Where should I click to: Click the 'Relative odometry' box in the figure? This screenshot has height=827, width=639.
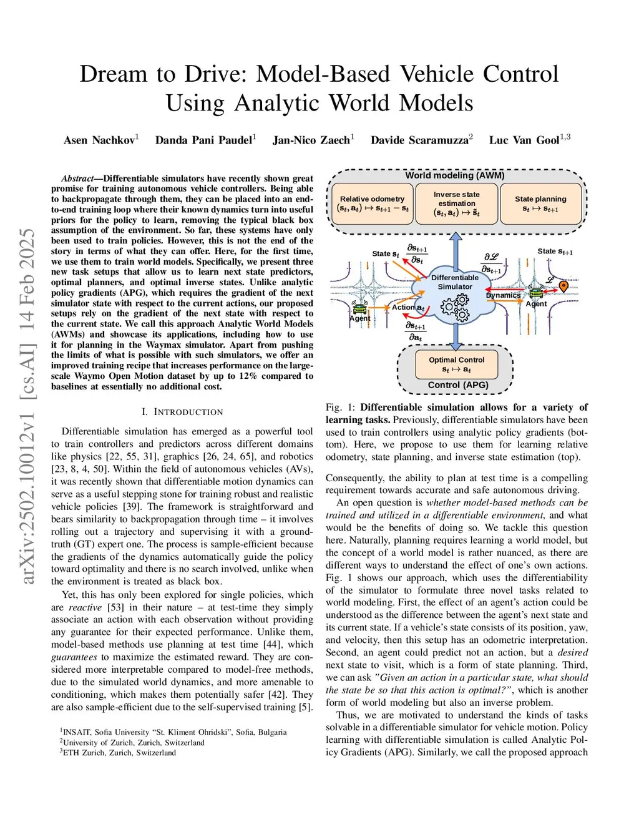point(373,203)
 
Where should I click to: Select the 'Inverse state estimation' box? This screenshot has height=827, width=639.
point(457,203)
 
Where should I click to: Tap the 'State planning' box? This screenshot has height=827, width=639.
point(540,203)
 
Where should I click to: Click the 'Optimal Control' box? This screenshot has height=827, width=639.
point(456,365)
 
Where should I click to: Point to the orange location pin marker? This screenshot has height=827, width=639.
point(563,286)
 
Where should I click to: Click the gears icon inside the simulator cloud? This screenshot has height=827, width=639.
point(455,307)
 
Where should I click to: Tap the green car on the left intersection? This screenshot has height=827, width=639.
point(360,308)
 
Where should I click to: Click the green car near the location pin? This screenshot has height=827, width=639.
point(536,292)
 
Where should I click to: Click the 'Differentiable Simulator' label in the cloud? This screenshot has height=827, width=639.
point(455,282)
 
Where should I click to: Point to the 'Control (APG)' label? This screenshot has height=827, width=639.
point(458,385)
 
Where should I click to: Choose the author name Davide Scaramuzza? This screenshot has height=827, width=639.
point(419,140)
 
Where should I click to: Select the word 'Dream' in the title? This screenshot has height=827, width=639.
point(113,74)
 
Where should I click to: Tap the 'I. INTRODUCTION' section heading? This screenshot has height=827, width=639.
point(182,412)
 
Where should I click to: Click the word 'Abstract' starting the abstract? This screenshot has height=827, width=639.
point(77,179)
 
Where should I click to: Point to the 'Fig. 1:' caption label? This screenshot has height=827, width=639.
point(341,408)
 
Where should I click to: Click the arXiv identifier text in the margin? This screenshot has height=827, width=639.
point(29,406)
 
